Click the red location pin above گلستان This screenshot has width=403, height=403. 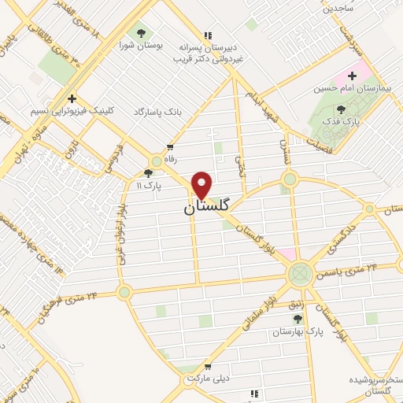pyautogui.click(x=202, y=184)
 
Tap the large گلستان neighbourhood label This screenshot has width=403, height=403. pyautogui.click(x=207, y=207)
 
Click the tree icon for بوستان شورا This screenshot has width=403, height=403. pyautogui.click(x=141, y=32)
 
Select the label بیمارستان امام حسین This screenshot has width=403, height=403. pyautogui.click(x=347, y=89)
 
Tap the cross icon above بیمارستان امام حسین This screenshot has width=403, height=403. pyautogui.click(x=352, y=76)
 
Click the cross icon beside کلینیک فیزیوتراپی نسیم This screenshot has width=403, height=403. pyautogui.click(x=72, y=98)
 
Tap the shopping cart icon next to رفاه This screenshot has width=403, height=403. pyautogui.click(x=170, y=146)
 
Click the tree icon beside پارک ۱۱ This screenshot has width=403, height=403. pyautogui.click(x=148, y=172)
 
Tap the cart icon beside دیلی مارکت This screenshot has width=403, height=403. pyautogui.click(x=207, y=366)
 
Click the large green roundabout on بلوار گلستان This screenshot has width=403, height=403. pyautogui.click(x=299, y=274)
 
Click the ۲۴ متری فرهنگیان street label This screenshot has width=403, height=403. pyautogui.click(x=69, y=305)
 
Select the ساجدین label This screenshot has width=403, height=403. pyautogui.click(x=338, y=7)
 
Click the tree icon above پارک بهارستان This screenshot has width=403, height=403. pyautogui.click(x=297, y=318)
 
